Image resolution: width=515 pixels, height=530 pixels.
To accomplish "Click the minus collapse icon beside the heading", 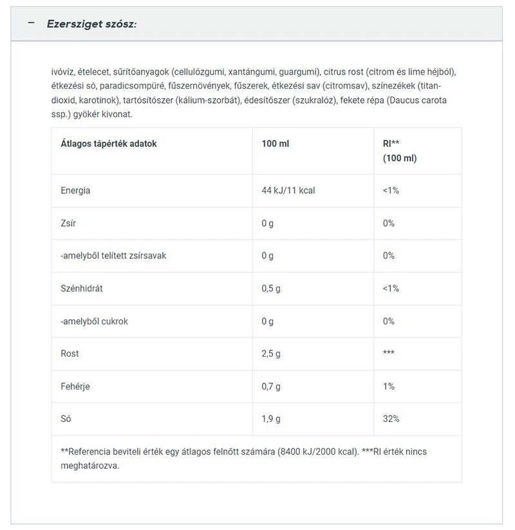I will pyautogui.click(x=30, y=23).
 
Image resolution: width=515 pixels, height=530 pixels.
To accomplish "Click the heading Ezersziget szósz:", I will pyautogui.click(x=91, y=24).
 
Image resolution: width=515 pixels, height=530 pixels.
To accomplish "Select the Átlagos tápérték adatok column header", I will pyautogui.click(x=108, y=144).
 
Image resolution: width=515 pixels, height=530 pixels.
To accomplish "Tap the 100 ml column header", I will pyautogui.click(x=276, y=144).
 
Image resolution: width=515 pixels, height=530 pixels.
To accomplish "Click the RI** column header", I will pyautogui.click(x=391, y=144).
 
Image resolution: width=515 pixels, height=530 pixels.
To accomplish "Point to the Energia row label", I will pyautogui.click(x=75, y=191).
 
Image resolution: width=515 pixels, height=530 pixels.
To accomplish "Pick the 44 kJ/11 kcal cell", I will pyautogui.click(x=288, y=191).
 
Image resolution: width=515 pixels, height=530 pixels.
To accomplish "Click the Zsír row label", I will pyautogui.click(x=69, y=223).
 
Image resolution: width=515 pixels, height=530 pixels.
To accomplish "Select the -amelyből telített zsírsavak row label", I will pyautogui.click(x=113, y=256).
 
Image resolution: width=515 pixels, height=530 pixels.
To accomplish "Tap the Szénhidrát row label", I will pyautogui.click(x=82, y=289).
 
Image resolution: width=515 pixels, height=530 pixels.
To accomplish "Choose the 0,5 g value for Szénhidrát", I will pyautogui.click(x=271, y=289).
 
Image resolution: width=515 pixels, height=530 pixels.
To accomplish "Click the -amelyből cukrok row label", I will pyautogui.click(x=94, y=321).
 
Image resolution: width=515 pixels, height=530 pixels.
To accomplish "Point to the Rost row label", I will pyautogui.click(x=70, y=354).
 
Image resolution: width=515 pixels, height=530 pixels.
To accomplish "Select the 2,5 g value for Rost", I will pyautogui.click(x=271, y=354).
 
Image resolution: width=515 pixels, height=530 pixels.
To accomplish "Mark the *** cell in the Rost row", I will pyautogui.click(x=389, y=354).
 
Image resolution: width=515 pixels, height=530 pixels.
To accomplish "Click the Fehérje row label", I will pyautogui.click(x=75, y=386).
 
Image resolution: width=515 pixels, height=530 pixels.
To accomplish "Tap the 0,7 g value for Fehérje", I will pyautogui.click(x=271, y=386).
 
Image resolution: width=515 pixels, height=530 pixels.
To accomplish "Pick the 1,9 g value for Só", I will pyautogui.click(x=271, y=419).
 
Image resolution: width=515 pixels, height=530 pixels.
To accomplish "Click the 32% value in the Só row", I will pyautogui.click(x=391, y=419).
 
